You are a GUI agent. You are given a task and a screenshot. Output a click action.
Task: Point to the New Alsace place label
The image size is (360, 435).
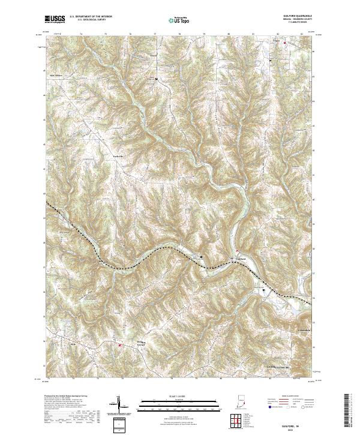click(x=56, y=76)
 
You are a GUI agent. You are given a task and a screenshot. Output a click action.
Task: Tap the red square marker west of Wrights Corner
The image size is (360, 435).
click(x=119, y=345)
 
